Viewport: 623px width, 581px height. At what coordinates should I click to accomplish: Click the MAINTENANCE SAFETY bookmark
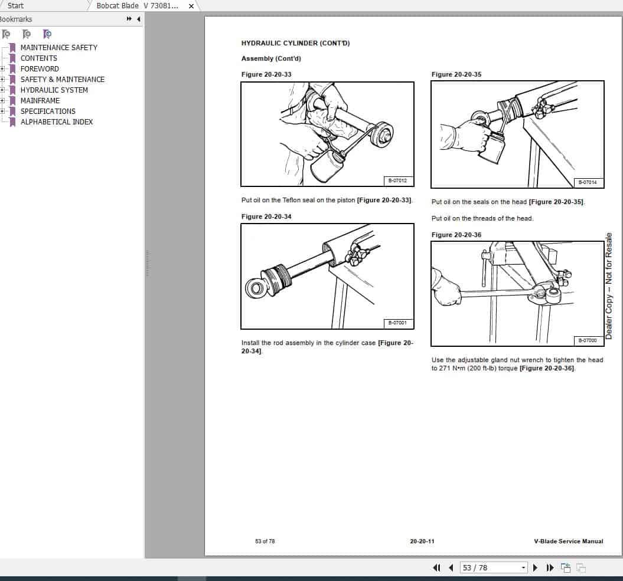click(x=58, y=47)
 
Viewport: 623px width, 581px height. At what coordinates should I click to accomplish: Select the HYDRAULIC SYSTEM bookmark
click(x=54, y=90)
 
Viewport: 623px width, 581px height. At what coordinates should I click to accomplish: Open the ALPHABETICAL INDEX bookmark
click(x=57, y=122)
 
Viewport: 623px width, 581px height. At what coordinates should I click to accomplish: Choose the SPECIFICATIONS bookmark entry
click(x=48, y=111)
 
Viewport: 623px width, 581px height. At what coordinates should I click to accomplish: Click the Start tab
click(x=16, y=5)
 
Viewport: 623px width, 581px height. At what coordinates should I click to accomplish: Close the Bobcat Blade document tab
click(x=191, y=6)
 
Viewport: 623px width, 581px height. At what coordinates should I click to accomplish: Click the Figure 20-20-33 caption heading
click(x=266, y=74)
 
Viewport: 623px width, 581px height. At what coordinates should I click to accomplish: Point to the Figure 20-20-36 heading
click(x=456, y=235)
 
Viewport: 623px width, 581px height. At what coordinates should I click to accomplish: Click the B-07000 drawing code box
click(x=588, y=340)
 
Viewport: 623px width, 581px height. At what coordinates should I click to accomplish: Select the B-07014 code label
click(x=588, y=182)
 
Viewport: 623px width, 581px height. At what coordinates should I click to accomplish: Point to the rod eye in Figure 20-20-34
click(x=256, y=288)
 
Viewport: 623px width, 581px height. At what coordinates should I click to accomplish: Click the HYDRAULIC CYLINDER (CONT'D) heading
click(x=295, y=43)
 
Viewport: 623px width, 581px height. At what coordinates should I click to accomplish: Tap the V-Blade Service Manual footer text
click(x=568, y=541)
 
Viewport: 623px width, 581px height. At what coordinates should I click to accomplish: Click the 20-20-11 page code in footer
click(x=422, y=541)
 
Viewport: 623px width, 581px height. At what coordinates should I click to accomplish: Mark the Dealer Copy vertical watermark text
click(x=609, y=286)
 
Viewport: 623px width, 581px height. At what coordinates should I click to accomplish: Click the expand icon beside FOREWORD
click(x=2, y=68)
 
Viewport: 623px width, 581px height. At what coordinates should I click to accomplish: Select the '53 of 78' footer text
click(x=265, y=541)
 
